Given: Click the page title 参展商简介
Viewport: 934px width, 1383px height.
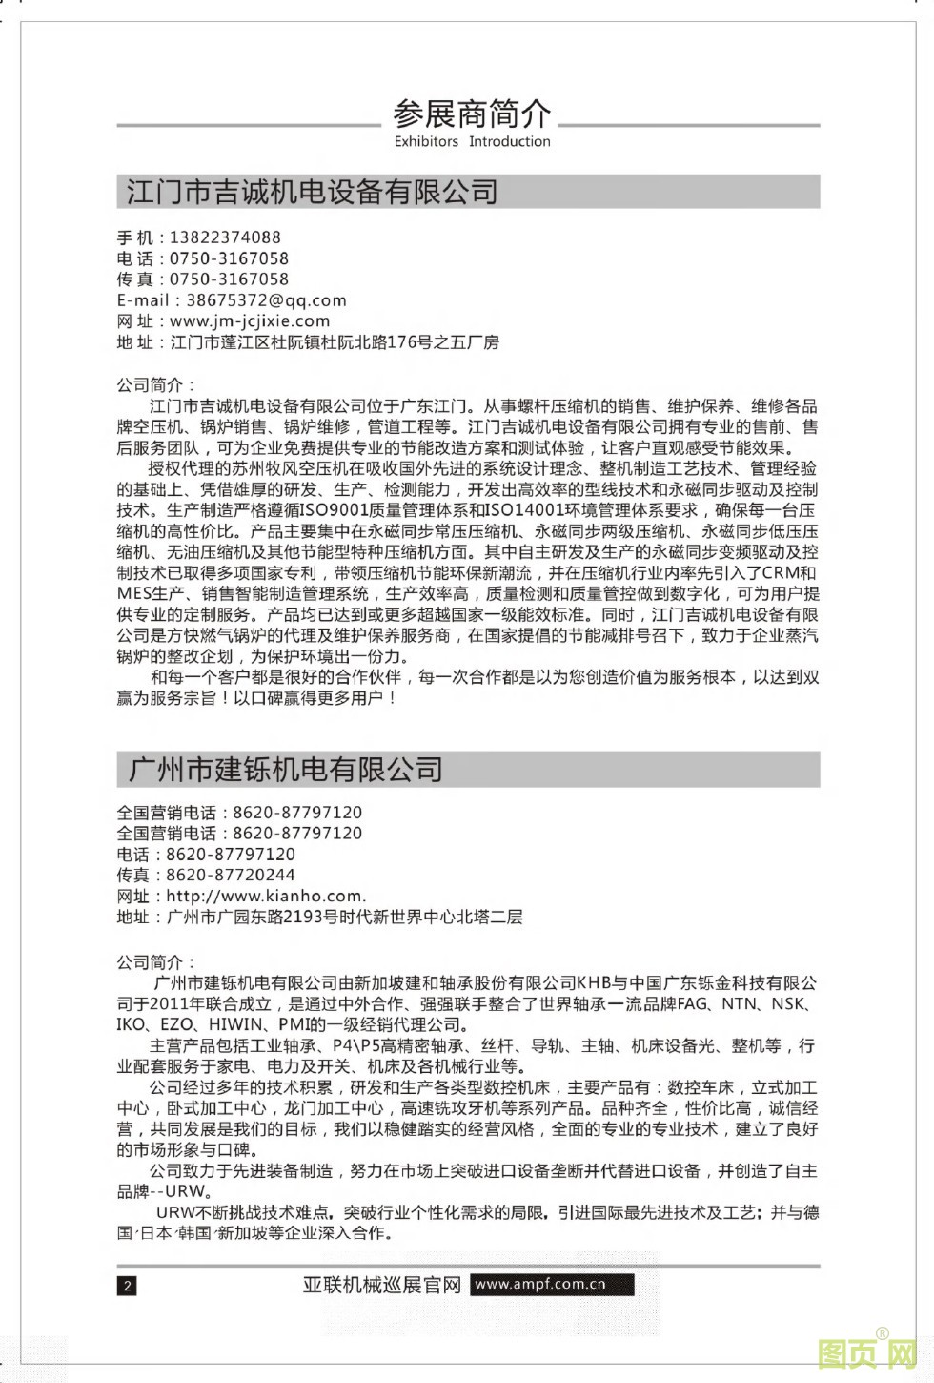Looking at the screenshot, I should tap(472, 114).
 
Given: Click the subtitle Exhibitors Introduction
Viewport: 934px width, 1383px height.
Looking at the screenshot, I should tap(472, 141).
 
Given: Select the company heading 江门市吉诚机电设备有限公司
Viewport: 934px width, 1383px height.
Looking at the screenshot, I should tap(313, 192).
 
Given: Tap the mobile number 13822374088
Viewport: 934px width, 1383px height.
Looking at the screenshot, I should tap(225, 237).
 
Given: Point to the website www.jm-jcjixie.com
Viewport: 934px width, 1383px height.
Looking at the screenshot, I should tap(250, 321).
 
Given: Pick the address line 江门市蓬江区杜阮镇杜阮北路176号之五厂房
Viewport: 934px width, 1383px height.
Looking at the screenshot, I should tap(335, 342).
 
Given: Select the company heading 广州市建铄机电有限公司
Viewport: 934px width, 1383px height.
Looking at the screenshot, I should tap(286, 769).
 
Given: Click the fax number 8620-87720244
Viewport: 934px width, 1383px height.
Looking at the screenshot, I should tap(231, 876).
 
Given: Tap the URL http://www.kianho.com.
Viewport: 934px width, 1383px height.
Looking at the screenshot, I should tap(265, 897).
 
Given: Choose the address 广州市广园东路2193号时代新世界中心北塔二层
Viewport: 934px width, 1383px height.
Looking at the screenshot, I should tap(344, 918).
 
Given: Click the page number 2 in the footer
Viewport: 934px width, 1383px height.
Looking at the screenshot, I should tap(127, 1286).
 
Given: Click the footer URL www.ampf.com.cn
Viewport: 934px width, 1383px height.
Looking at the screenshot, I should tap(539, 1284).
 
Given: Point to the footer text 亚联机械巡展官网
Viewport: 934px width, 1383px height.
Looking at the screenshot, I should tap(382, 1285).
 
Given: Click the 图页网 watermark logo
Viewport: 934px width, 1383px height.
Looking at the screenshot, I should tap(867, 1352).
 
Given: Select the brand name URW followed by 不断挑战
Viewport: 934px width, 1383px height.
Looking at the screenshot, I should tap(175, 1213).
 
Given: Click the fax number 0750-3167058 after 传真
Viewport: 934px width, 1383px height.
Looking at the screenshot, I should tap(229, 279).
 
